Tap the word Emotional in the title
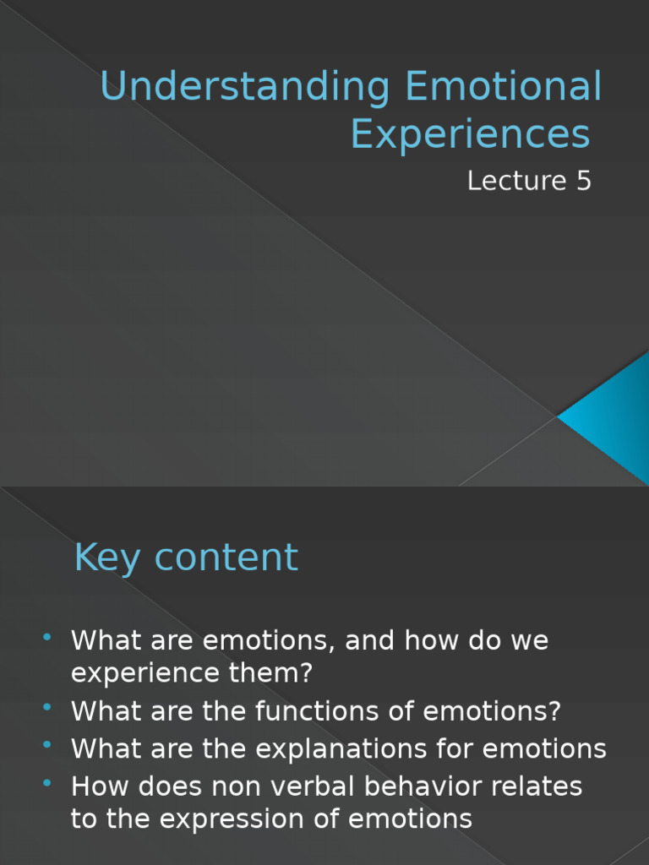[x=504, y=88]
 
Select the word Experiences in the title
[x=471, y=134]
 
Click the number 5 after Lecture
[x=583, y=181]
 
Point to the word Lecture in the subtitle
[x=515, y=181]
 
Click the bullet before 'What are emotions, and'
[x=47, y=635]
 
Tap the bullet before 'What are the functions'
[x=47, y=707]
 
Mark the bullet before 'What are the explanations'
[x=47, y=743]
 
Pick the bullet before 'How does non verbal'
[x=47, y=781]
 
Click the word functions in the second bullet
[x=305, y=711]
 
